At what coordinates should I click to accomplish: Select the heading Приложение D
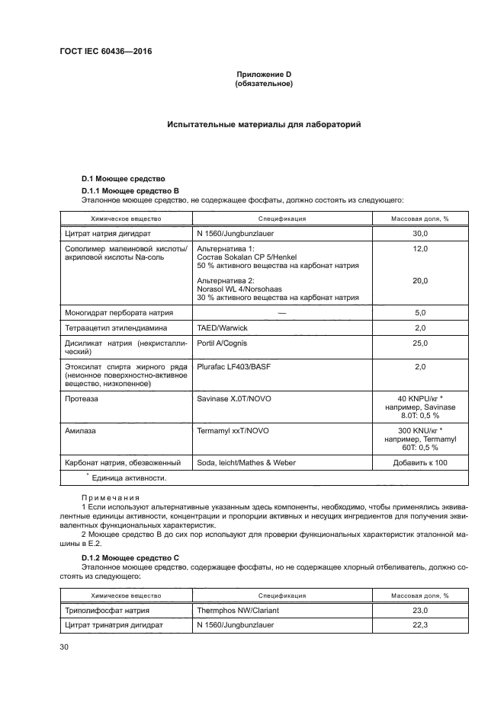[x=263, y=74]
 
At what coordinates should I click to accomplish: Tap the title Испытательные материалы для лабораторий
[x=264, y=123]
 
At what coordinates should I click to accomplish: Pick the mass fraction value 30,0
[x=419, y=234]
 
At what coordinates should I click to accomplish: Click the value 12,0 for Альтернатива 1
[x=419, y=249]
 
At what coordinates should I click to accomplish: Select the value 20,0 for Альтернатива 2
[x=419, y=280]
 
